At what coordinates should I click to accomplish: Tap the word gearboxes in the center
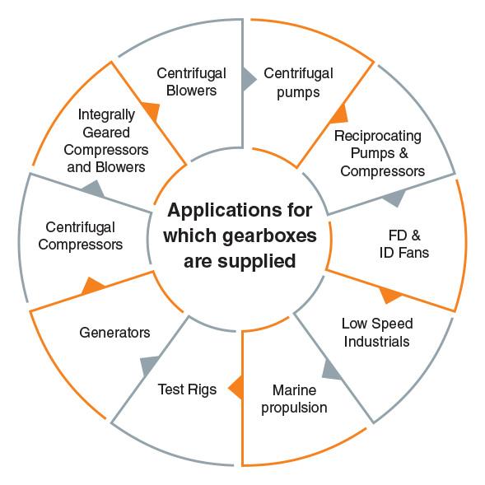pyautogui.click(x=269, y=237)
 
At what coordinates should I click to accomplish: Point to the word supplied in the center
pyautogui.click(x=256, y=262)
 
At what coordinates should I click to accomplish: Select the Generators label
pyautogui.click(x=114, y=333)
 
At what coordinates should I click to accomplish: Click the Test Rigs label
pyautogui.click(x=187, y=390)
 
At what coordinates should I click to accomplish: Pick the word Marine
pyautogui.click(x=294, y=390)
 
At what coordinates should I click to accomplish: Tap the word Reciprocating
pyautogui.click(x=378, y=137)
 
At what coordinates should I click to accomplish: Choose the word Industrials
pyautogui.click(x=377, y=342)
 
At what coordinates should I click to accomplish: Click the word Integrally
pyautogui.click(x=106, y=115)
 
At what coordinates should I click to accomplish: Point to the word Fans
pyautogui.click(x=413, y=253)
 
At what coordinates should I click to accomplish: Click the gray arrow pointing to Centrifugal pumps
pyautogui.click(x=249, y=80)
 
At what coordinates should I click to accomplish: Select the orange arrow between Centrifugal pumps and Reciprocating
pyautogui.click(x=339, y=114)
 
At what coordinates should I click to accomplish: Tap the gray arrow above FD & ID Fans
pyautogui.click(x=394, y=198)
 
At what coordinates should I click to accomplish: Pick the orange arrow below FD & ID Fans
pyautogui.click(x=389, y=295)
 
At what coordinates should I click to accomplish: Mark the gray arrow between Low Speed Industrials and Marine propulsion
pyautogui.click(x=332, y=370)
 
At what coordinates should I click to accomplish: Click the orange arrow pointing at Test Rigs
pyautogui.click(x=236, y=388)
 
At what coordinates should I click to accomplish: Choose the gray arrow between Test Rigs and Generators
pyautogui.click(x=150, y=366)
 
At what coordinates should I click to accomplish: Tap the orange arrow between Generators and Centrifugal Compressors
pyautogui.click(x=93, y=286)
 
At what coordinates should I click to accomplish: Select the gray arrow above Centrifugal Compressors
pyautogui.click(x=93, y=189)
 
